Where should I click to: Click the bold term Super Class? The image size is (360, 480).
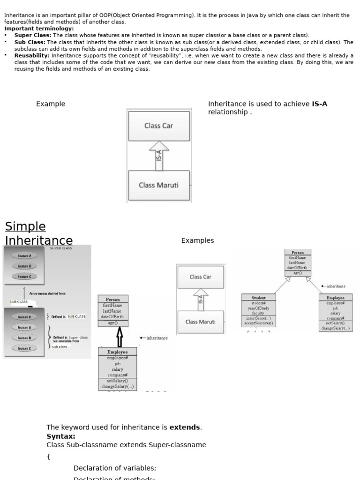tap(33, 35)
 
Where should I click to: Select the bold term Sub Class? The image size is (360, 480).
tap(30, 42)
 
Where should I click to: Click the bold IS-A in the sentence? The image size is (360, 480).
tap(319, 104)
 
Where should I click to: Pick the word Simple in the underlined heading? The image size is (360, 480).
tap(25, 227)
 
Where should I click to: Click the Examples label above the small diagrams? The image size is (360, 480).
tap(197, 240)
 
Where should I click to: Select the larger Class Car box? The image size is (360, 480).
tap(158, 126)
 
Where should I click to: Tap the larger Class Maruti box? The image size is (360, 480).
tap(158, 185)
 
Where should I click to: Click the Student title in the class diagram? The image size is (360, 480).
tap(258, 298)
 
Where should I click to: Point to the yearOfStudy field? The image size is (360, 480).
tap(258, 308)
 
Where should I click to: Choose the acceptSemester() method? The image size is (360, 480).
tap(258, 323)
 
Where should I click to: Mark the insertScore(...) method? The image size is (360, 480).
tap(258, 318)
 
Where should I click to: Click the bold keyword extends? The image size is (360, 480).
tap(185, 427)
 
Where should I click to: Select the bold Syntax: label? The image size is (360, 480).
tap(61, 436)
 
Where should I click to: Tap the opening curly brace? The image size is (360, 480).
tap(49, 456)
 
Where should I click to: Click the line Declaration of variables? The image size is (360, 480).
tap(115, 468)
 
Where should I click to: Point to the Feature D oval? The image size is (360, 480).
tap(24, 317)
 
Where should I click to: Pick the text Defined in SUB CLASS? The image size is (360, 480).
tap(68, 317)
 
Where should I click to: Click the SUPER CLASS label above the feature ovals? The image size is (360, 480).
tap(61, 248)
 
